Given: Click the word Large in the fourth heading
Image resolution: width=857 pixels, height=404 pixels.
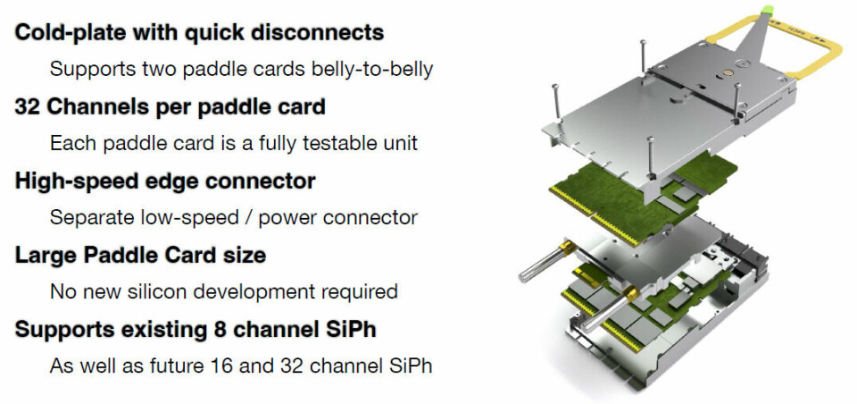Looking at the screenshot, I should coord(44,255).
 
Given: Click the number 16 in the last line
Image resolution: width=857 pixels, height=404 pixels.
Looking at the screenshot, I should coord(223,366).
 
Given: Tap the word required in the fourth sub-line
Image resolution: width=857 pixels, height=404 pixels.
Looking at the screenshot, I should coord(352,291).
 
